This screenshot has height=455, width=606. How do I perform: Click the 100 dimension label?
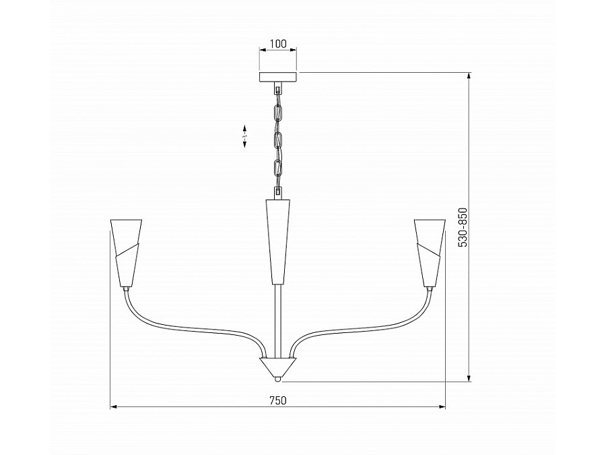[x=278, y=44]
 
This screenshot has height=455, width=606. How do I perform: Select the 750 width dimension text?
[x=278, y=400]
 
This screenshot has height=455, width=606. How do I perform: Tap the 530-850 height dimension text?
[x=463, y=227]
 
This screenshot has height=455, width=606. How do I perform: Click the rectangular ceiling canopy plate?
[x=278, y=77]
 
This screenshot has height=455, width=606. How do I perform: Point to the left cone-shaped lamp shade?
[x=126, y=253]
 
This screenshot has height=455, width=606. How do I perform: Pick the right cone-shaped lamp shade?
[x=430, y=253]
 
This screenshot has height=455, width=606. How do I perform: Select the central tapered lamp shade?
[x=278, y=242]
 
